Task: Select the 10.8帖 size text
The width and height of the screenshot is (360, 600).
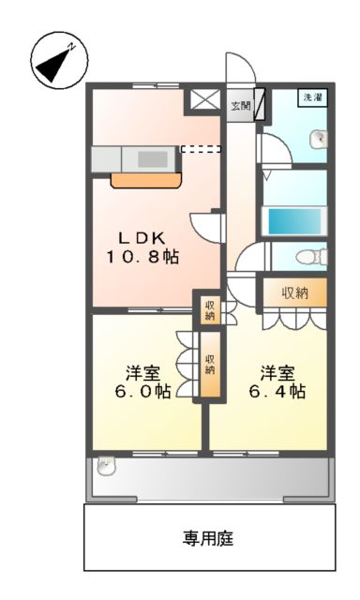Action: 142,256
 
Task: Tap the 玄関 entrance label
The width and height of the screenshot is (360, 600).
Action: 241,105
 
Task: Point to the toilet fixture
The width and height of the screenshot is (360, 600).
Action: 305,257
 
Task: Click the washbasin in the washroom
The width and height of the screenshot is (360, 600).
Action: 320,139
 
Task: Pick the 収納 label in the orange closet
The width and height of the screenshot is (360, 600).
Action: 296,293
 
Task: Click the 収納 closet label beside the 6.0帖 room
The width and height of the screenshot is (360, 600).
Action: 210,364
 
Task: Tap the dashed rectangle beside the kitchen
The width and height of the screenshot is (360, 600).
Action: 201,148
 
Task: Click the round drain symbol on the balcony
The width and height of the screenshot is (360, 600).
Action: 105,463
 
